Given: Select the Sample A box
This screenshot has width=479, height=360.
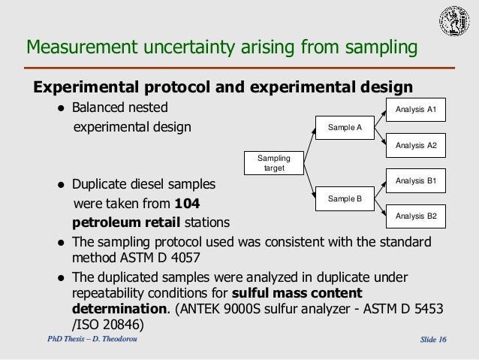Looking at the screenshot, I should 345,128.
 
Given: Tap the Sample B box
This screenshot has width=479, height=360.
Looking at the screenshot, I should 345,198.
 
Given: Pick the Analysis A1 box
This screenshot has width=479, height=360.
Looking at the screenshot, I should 415,111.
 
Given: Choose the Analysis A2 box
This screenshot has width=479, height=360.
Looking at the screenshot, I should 415,145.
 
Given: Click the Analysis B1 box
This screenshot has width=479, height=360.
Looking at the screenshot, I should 415,181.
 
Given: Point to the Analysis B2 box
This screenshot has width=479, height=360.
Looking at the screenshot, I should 415,216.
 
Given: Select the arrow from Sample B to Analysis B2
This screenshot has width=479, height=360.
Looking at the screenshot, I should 379,207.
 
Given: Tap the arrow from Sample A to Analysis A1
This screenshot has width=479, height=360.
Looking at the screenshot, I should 379,119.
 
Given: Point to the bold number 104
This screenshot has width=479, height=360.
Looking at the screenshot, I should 187,204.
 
